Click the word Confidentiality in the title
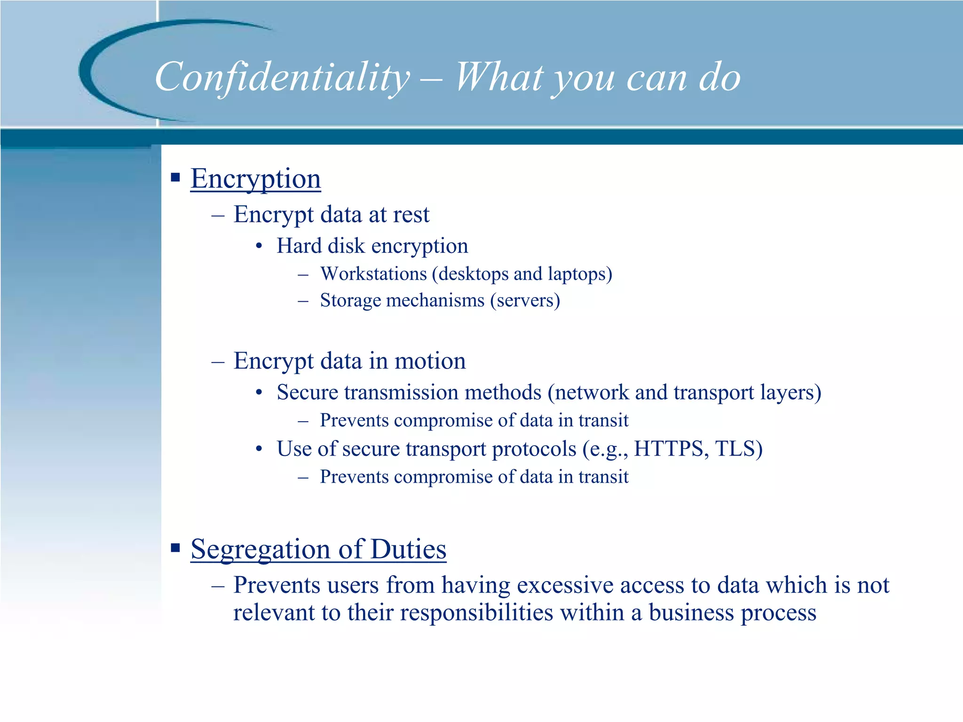[282, 78]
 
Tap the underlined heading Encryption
[255, 179]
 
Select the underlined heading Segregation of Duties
[318, 549]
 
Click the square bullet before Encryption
[175, 177]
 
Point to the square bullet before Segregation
[175, 547]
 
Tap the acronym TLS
[736, 448]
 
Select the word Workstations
[373, 274]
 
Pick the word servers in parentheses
[525, 301]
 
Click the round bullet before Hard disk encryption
[259, 246]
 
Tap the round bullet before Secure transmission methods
[259, 392]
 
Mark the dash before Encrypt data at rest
[218, 215]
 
